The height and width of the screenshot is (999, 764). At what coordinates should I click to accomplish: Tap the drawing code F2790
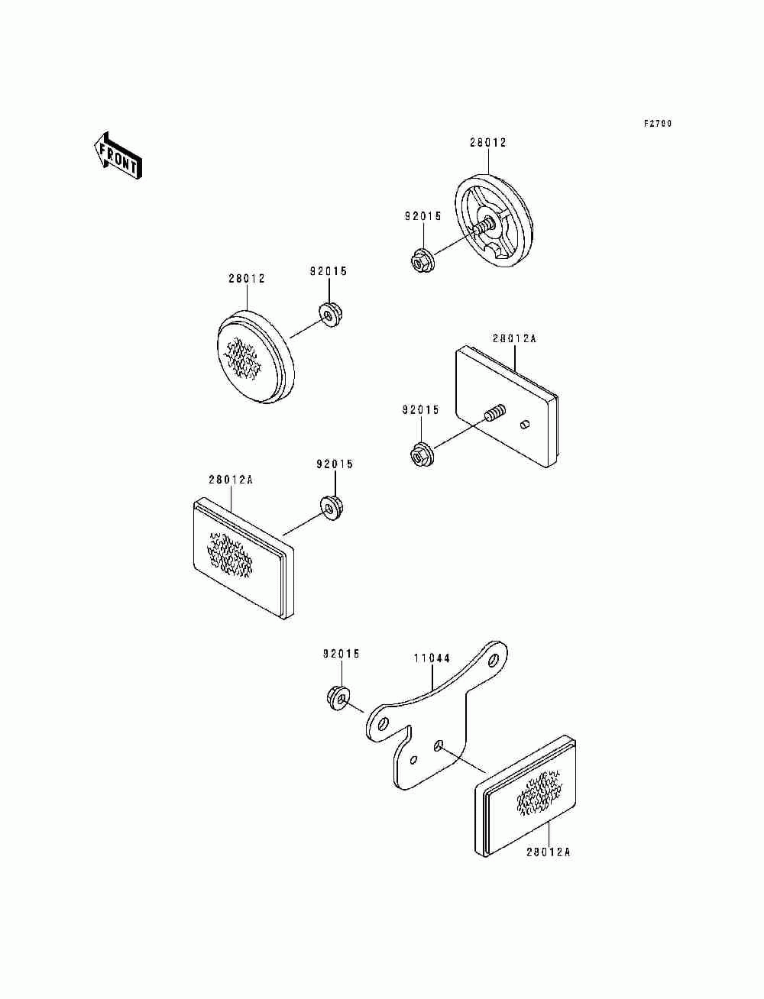pyautogui.click(x=657, y=124)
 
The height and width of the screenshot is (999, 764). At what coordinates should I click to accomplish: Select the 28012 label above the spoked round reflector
pyautogui.click(x=487, y=143)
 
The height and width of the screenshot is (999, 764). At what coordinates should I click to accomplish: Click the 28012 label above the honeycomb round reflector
pyautogui.click(x=246, y=279)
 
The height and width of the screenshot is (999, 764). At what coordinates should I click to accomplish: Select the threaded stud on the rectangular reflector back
pyautogui.click(x=494, y=415)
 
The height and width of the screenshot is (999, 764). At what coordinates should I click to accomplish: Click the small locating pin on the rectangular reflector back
pyautogui.click(x=525, y=424)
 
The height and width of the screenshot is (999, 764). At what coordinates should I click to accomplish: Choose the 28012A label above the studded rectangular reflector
pyautogui.click(x=514, y=338)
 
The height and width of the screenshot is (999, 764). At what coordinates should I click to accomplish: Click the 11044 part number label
pyautogui.click(x=432, y=658)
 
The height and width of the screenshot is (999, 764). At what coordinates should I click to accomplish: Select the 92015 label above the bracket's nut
pyautogui.click(x=341, y=654)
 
